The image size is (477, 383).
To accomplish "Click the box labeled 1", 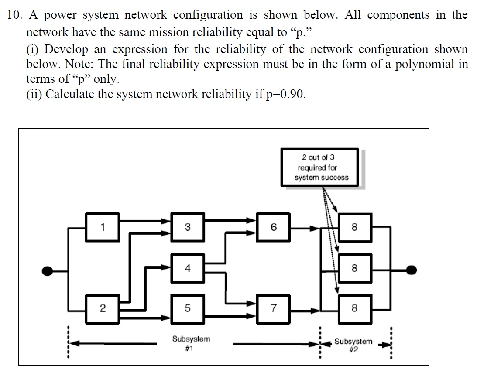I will [x=103, y=227].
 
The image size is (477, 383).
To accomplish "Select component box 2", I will [x=103, y=308].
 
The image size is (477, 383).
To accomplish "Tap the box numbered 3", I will [x=187, y=227].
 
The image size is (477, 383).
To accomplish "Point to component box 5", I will [x=187, y=308].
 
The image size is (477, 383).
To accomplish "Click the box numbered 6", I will [x=273, y=227].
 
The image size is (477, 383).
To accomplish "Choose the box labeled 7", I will [x=273, y=308].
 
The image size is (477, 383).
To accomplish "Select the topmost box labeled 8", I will [x=354, y=227].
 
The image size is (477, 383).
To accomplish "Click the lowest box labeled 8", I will [x=354, y=308].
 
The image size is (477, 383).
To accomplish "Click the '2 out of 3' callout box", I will [x=321, y=168].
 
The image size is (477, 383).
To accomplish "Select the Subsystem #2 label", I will [x=353, y=345].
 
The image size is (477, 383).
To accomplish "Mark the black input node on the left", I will [x=48, y=270].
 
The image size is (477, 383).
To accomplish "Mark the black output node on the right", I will [x=410, y=270].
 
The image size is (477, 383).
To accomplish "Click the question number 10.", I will [x=15, y=15].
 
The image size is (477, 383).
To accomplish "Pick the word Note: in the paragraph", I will [x=80, y=64].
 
